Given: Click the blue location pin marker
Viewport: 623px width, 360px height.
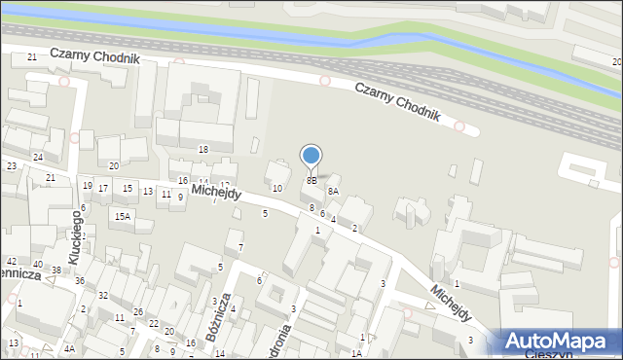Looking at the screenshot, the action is (x=311, y=157).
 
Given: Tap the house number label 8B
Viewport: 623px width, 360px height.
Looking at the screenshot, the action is (x=311, y=180).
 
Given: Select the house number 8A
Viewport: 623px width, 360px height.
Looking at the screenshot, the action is (x=332, y=192).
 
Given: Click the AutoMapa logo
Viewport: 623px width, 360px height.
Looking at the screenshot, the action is (x=561, y=342).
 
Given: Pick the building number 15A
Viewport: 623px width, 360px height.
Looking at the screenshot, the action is (x=122, y=216).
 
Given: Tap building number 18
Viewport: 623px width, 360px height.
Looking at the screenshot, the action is (x=203, y=149).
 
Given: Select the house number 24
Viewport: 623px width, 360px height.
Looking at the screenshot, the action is (x=38, y=157).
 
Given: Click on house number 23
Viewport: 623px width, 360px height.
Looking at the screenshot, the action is (x=12, y=166).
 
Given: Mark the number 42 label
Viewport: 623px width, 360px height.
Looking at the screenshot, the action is (x=12, y=262).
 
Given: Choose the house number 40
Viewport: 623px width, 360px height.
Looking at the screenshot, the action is (x=37, y=264).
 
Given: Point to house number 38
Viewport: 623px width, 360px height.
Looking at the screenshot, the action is (x=56, y=270).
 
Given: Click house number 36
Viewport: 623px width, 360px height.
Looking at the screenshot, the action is (x=79, y=281).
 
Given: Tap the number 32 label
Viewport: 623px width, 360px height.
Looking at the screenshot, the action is (x=102, y=295).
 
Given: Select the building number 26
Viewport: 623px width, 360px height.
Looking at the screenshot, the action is (x=139, y=311).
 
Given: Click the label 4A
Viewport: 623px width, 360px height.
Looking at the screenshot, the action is (x=69, y=348).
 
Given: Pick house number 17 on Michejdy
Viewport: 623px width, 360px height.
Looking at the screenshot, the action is (x=103, y=188).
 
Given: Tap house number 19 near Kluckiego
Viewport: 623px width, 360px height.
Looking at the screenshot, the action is (x=87, y=185).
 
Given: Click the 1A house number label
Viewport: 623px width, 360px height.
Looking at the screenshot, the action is (x=356, y=354).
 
